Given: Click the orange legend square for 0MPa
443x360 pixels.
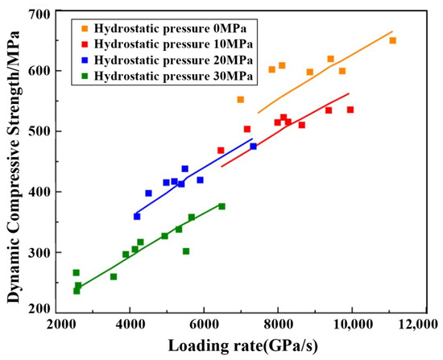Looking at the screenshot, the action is [85, 28].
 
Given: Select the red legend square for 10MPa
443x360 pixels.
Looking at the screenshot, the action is [85, 44].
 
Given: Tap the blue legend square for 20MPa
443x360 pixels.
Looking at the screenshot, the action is [85, 60].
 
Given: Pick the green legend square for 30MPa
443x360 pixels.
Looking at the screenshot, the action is [85, 76].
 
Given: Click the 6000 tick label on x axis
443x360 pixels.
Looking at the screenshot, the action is [204, 325].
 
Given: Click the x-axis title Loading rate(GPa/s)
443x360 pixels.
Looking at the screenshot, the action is [242, 346].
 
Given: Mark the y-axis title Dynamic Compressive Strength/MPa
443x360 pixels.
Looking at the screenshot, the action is [13, 166].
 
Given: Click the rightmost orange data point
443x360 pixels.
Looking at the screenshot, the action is [393, 41].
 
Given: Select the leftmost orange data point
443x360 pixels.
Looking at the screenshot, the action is [241, 100].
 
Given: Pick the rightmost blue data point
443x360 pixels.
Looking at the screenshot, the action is [254, 147].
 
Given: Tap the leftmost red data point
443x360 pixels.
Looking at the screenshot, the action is [221, 151].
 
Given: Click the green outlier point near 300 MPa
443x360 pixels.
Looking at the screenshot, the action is [186, 251].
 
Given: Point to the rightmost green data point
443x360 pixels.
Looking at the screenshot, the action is [222, 206].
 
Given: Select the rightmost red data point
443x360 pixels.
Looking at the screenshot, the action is [350, 110].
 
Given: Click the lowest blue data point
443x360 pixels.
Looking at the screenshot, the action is [137, 217].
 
